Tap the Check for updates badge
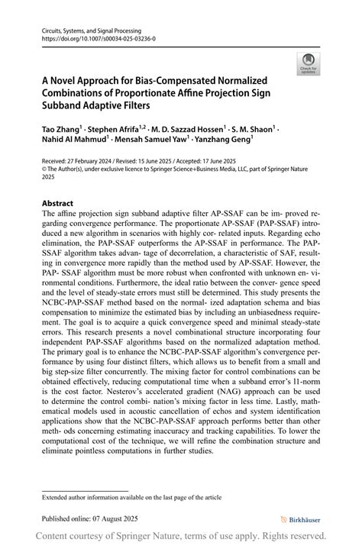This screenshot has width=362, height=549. tap(309, 63)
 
